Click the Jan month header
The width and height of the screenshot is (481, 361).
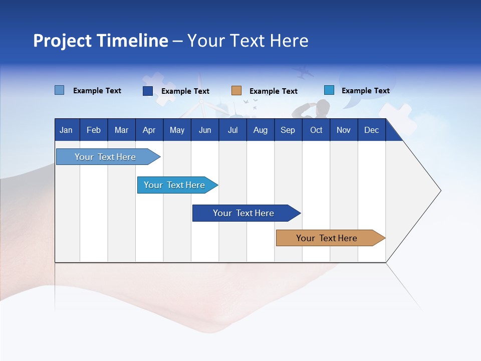(x=67, y=130)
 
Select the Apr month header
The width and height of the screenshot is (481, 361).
(x=149, y=130)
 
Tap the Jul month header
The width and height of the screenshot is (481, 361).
(x=232, y=130)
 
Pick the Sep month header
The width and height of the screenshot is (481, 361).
(x=288, y=130)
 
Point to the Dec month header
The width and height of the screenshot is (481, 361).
(x=371, y=130)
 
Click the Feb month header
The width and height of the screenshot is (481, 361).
(x=94, y=130)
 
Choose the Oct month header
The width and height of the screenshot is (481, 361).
(x=316, y=130)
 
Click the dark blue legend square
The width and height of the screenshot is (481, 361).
(x=148, y=91)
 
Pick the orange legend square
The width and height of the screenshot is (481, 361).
(x=236, y=91)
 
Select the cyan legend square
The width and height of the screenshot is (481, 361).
(x=329, y=90)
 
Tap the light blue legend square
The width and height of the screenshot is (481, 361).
(x=60, y=90)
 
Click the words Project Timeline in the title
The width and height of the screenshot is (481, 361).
(x=100, y=41)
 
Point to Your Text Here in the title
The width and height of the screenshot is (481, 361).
(x=248, y=41)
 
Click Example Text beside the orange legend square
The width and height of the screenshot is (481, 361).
(x=273, y=91)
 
